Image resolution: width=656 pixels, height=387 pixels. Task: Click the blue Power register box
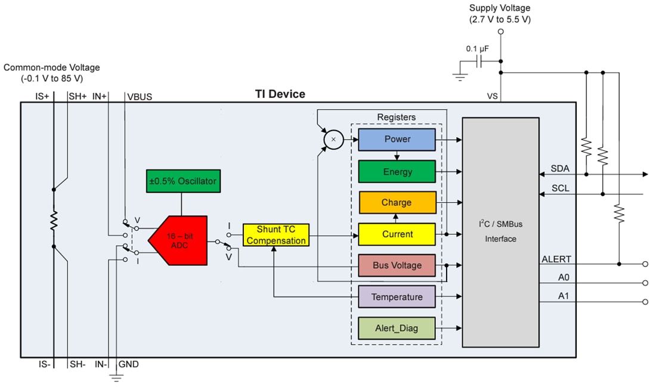(397, 140)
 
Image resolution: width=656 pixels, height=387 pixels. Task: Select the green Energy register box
(397, 172)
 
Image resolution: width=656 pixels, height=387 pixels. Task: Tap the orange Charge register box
(397, 203)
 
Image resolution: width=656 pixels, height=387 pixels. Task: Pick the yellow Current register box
(397, 234)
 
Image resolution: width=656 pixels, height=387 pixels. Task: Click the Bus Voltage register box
(397, 265)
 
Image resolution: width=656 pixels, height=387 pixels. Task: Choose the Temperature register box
(397, 297)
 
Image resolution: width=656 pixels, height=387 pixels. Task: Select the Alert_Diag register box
(397, 328)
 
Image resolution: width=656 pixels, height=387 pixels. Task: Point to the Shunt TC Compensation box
(276, 235)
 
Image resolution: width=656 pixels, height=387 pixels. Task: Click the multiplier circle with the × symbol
(333, 140)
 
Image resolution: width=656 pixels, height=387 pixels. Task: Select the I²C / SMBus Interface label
(501, 232)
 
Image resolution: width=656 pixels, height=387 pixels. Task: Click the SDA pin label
(559, 169)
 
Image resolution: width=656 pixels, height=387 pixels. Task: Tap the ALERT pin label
(556, 259)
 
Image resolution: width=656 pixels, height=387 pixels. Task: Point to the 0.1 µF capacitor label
(477, 48)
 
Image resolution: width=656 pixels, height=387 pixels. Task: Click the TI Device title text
(280, 94)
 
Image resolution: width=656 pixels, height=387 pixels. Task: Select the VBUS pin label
(139, 97)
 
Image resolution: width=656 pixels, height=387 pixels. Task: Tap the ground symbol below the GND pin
(117, 376)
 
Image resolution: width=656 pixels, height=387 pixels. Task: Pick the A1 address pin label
(563, 296)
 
